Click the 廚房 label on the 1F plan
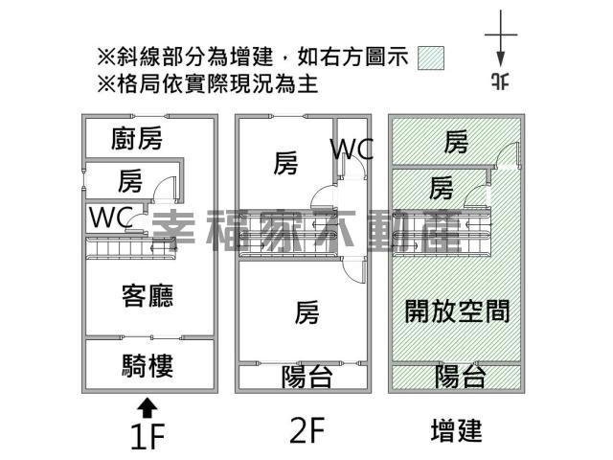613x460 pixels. tap(137, 139)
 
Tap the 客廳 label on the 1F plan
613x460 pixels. tap(148, 295)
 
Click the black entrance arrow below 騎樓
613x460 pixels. tap(147, 406)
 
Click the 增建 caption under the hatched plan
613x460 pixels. tap(456, 430)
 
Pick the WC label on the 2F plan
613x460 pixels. tap(352, 149)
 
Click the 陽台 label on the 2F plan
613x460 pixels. tap(306, 377)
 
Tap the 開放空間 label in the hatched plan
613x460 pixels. tap(457, 310)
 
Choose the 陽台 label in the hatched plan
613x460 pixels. tap(460, 375)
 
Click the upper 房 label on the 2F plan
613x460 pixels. tap(285, 164)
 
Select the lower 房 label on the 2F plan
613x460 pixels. tap(306, 311)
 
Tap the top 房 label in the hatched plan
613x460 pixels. tap(456, 143)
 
